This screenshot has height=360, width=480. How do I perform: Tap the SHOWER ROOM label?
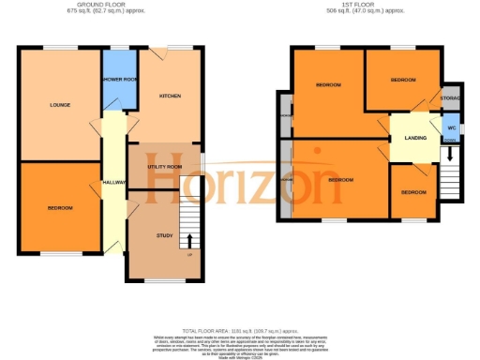click(119, 80)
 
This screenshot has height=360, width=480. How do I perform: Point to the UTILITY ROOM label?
click(163, 166)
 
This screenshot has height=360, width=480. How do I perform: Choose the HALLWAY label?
click(114, 182)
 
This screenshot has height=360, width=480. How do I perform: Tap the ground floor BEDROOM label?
click(61, 207)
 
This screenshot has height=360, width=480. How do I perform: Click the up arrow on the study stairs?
click(190, 241)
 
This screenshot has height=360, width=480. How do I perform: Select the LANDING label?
click(415, 139)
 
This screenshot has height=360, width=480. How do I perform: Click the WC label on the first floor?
click(451, 127)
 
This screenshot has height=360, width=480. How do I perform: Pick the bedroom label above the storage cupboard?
click(403, 80)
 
